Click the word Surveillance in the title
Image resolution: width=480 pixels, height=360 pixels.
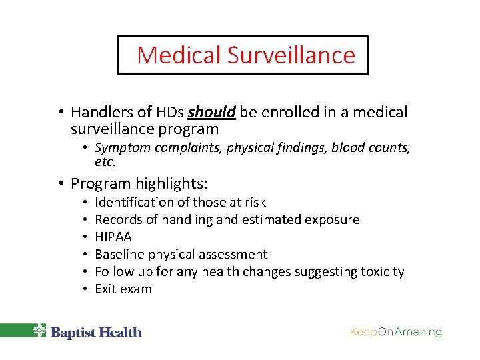pyautogui.click(x=291, y=55)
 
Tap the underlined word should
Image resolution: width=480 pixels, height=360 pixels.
pyautogui.click(x=212, y=112)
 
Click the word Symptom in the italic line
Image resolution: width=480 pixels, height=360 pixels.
pyautogui.click(x=123, y=148)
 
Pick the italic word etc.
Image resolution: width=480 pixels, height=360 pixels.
pyautogui.click(x=105, y=161)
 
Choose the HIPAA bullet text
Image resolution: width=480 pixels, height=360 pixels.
pyautogui.click(x=113, y=237)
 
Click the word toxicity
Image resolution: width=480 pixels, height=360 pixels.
pyautogui.click(x=380, y=271)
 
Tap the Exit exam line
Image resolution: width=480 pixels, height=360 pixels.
pyautogui.click(x=123, y=289)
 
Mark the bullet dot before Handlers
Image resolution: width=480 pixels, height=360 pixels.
pyautogui.click(x=60, y=112)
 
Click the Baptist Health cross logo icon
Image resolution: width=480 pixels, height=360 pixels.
pyautogui.click(x=41, y=331)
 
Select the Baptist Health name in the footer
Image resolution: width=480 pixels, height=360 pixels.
pyautogui.click(x=97, y=331)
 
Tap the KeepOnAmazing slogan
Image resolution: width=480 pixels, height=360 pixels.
pyautogui.click(x=395, y=331)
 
